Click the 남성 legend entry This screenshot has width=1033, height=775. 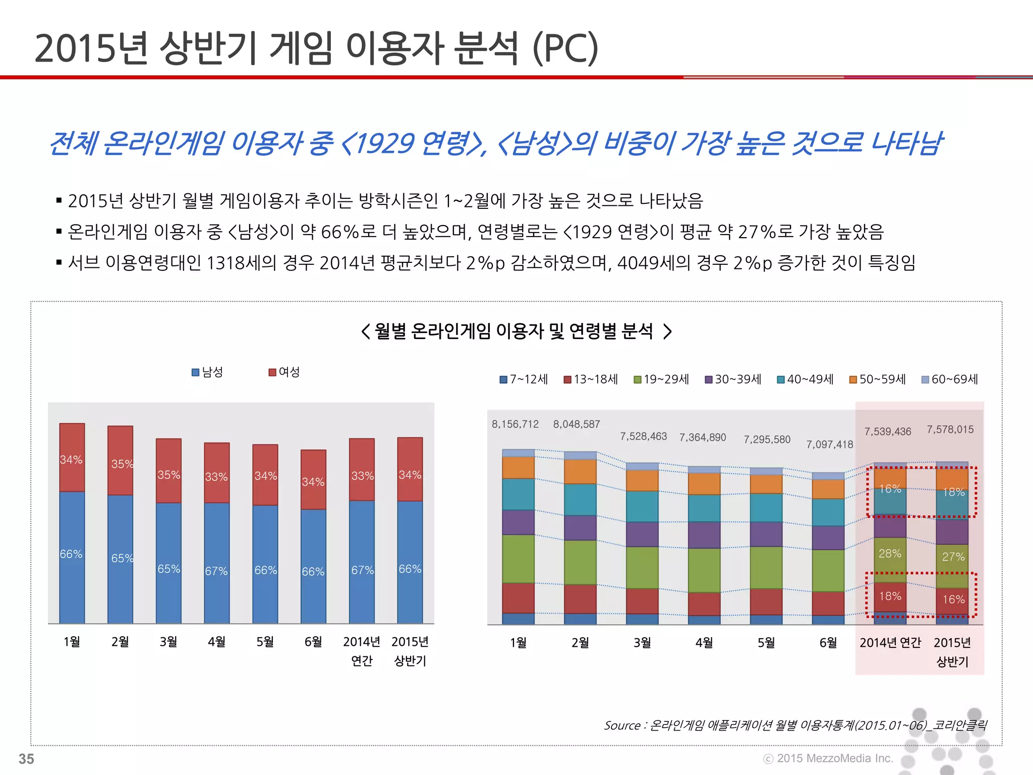coord(207,372)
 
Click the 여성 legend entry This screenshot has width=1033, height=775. coord(284,372)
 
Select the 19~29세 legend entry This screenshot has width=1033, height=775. coord(661,379)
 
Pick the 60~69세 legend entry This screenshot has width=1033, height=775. coord(950,379)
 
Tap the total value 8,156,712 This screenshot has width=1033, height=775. coord(515,424)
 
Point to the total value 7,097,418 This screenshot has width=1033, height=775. coord(829,445)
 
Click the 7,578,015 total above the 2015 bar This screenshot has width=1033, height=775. coord(950,429)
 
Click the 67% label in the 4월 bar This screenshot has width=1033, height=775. coord(216,571)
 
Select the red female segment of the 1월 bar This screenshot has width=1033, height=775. coord(72,457)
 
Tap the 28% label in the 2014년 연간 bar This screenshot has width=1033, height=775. coord(890,553)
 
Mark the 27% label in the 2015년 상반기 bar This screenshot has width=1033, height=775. coord(953,557)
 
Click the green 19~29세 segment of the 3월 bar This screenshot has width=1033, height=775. coord(642,567)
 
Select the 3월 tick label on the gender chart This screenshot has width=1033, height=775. coord(168,642)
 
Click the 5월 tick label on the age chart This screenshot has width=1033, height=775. coord(766,643)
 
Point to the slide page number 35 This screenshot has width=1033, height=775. coord(26,758)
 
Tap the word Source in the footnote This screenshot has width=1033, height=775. coord(622,726)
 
